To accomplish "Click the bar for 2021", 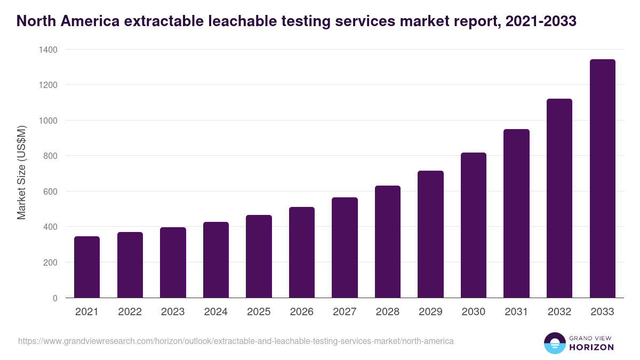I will pos(87,267).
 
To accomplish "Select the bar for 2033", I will pos(602,179).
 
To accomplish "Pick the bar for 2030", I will pos(474,225).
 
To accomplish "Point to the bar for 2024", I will pos(216,260).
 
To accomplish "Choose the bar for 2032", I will pos(559,198).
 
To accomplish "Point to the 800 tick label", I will pos(51,156).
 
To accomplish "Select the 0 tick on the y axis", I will pos(55,298).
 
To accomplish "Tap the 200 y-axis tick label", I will pos(51,262).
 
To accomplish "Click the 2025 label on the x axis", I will pos(259,312).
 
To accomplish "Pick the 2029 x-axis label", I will pos(430,312).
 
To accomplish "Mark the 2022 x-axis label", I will pos(130,312).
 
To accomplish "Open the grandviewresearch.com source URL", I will pos(236,341).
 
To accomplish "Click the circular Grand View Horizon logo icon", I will pos(554,343).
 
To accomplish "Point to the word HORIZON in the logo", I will pos(591,347).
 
